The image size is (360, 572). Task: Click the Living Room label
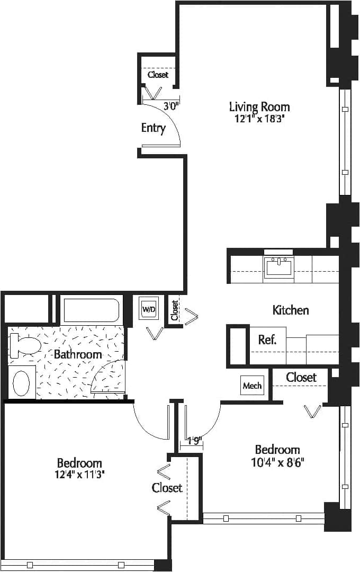259,106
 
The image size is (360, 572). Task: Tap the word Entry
154,128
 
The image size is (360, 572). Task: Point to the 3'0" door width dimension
171,106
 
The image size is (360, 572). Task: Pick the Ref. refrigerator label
267,340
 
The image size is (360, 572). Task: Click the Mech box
252,386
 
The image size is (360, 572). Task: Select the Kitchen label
291,310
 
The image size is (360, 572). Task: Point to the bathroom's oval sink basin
22,383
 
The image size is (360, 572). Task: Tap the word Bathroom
78,354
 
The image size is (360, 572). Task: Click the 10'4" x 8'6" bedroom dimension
277,462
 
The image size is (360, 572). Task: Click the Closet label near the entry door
158,75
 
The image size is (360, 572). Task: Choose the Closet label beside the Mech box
301,377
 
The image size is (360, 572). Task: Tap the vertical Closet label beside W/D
175,311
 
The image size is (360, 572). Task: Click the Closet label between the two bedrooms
167,487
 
